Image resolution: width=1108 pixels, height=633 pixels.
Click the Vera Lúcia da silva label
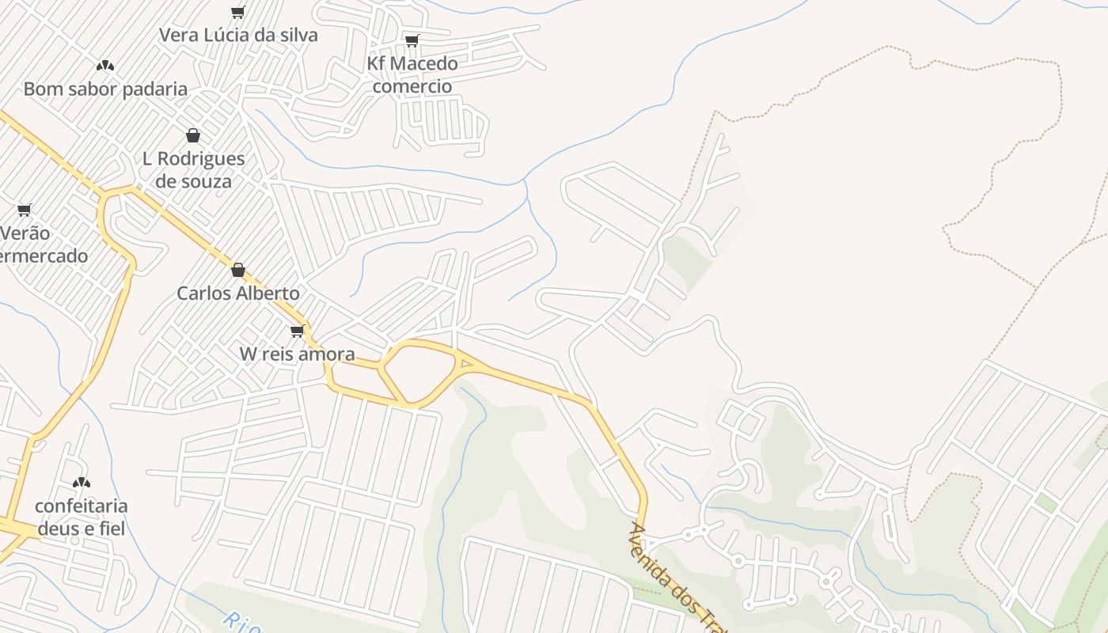pos(238,35)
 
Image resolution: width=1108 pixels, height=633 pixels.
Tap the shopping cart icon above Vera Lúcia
pos(237,12)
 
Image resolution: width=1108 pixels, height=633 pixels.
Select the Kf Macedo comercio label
pos(412,74)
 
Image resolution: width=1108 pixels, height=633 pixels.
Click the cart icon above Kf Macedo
pos(412,40)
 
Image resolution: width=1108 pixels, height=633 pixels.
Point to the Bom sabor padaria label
pos(105,89)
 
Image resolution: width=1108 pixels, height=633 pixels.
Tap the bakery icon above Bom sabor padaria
pos(105,66)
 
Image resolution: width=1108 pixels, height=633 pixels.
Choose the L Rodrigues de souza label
pos(194,169)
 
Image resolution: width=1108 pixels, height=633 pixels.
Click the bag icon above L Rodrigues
pos(193,135)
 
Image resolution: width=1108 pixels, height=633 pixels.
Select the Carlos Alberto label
pos(238,293)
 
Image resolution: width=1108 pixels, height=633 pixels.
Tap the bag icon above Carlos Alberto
pos(237,270)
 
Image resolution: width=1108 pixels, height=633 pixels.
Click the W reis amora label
pos(298,354)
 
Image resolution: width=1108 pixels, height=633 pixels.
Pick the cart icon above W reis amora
pos(297,331)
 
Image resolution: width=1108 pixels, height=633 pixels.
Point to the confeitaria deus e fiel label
pos(82,517)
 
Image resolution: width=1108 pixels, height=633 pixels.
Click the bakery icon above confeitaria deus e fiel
pos(81,483)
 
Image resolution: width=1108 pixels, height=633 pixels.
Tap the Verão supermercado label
pos(40,244)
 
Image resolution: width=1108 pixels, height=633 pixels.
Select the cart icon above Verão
pos(25,210)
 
